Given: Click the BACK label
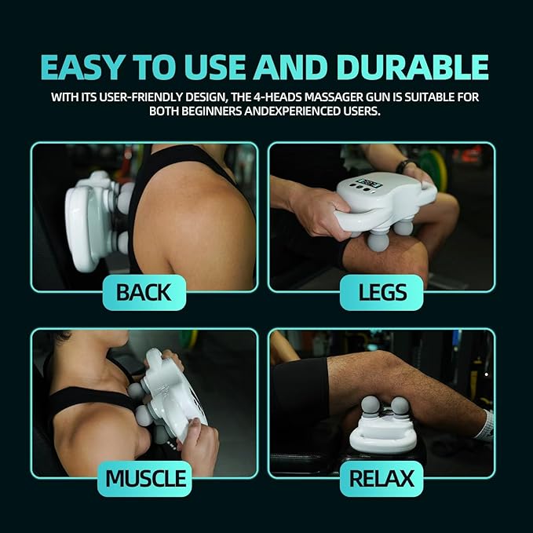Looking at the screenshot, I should (144, 293).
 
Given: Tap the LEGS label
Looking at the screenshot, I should (382, 293).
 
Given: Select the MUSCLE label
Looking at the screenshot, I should (147, 478).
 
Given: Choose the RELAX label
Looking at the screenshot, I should (382, 478).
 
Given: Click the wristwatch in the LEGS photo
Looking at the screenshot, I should (404, 166).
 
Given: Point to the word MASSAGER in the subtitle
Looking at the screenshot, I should (340, 97).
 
